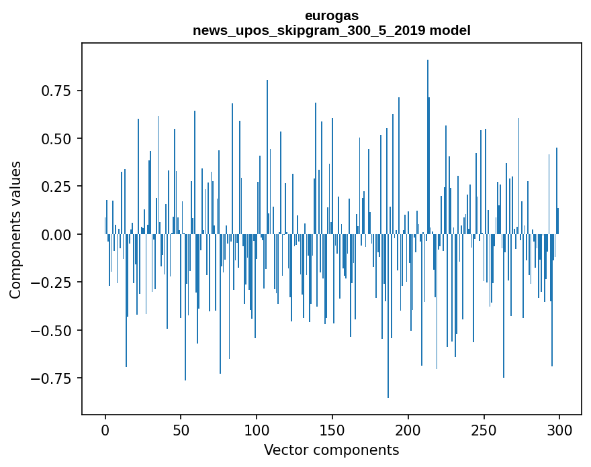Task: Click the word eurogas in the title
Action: (331, 15)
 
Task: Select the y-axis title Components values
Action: (15, 229)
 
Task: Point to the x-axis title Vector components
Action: (331, 450)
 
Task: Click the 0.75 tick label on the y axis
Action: (52, 91)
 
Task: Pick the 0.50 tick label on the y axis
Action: (52, 139)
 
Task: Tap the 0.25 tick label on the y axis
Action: (52, 187)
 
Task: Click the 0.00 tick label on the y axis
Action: (52, 235)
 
